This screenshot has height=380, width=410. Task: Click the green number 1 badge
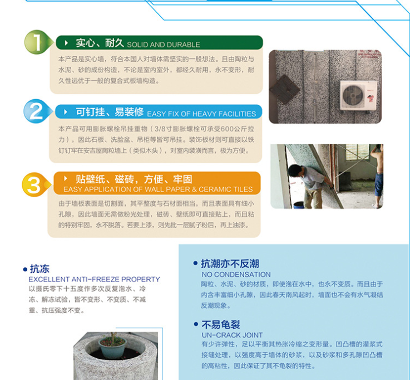(37, 42)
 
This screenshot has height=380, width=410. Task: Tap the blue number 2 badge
(36, 111)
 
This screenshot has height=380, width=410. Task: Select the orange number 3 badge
(35, 184)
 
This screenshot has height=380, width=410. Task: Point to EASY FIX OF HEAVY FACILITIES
(201, 114)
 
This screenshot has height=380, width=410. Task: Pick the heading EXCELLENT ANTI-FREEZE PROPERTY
(94, 279)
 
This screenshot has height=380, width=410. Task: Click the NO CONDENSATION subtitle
(236, 274)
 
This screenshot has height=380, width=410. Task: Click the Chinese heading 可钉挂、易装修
(110, 112)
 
